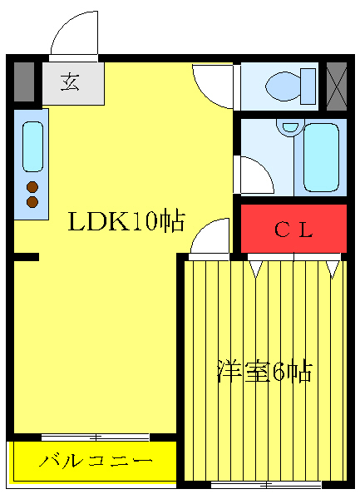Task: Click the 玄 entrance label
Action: click(72, 84)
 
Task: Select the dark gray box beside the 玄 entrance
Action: click(25, 81)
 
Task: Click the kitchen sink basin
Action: click(32, 146)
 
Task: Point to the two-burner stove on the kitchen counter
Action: click(32, 194)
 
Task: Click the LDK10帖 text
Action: click(126, 222)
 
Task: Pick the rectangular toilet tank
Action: click(308, 85)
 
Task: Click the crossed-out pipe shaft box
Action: click(336, 84)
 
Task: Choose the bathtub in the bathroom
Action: click(321, 157)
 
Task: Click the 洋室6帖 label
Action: click(264, 371)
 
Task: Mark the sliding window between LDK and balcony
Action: click(95, 437)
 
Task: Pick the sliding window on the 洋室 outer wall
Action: click(266, 484)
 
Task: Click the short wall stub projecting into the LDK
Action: click(27, 258)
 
